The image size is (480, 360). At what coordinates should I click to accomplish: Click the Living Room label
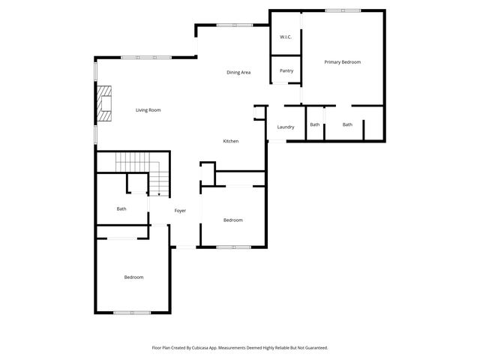point(148,110)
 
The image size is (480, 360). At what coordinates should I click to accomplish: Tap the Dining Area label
point(238,72)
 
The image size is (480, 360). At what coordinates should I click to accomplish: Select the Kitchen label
point(231,141)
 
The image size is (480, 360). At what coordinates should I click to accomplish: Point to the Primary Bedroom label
point(342,61)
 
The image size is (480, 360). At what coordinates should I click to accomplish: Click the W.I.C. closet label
point(286,37)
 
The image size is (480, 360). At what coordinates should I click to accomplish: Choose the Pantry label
point(286,70)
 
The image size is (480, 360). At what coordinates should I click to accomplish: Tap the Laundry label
point(286,127)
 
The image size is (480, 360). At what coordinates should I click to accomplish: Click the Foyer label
point(180,211)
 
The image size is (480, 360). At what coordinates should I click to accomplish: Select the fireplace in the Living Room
point(103,104)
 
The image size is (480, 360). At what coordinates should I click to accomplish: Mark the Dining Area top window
point(235,25)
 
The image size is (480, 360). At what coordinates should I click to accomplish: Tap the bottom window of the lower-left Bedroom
point(132,313)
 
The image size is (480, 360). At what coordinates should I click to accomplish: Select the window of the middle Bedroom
point(232,247)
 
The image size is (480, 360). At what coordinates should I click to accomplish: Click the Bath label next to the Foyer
point(121,208)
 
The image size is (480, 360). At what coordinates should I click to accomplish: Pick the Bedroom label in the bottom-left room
point(133,277)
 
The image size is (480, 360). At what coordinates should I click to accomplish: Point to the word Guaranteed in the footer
point(314,348)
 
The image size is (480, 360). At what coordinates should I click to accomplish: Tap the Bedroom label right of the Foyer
point(232,220)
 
